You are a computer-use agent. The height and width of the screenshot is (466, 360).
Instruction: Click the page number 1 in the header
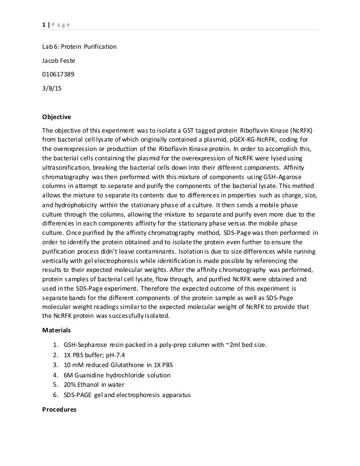(44, 24)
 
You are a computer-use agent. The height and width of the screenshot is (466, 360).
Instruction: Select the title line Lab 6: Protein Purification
(79, 47)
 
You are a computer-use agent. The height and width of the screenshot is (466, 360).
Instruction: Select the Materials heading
(56, 330)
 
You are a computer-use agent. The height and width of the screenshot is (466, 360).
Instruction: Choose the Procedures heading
(59, 409)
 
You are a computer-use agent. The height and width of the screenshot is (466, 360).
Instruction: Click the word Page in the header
(60, 24)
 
